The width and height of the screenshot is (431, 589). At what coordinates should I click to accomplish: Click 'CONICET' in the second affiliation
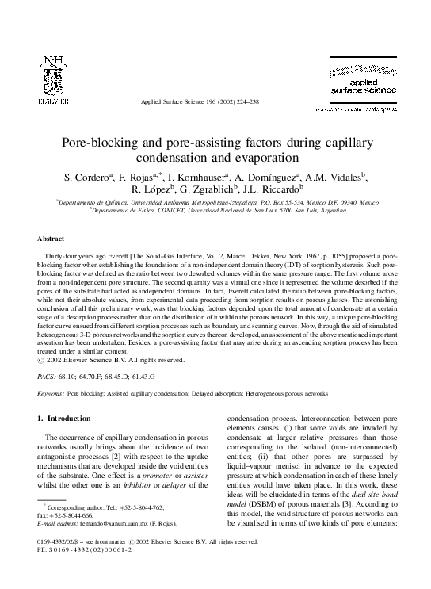point(158,212)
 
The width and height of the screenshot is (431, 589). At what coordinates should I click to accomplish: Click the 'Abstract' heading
point(51,238)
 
